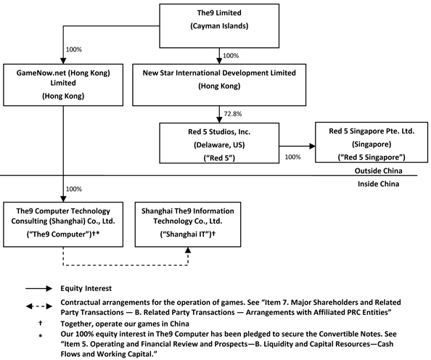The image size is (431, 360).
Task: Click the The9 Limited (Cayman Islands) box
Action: point(219,26)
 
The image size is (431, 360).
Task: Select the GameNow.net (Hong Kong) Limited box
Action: point(63,85)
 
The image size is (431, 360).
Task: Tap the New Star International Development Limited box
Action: point(219,85)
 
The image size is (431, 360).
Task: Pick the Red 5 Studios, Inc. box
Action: point(219,143)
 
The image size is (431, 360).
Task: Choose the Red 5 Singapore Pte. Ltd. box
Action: point(372,142)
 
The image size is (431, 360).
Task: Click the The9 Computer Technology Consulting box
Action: point(63,224)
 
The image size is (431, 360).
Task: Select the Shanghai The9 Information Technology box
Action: point(188,224)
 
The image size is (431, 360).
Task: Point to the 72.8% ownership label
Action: point(233,114)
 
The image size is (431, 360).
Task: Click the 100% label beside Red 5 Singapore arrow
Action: point(292,157)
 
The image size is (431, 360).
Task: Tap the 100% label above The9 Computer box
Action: point(74,189)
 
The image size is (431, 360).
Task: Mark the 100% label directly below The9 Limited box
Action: point(231,56)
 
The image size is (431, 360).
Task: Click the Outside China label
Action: point(379,171)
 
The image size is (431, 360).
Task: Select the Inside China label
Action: point(379,184)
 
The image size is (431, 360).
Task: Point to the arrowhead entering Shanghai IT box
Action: point(188,250)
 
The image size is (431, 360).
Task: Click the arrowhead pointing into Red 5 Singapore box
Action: point(312,146)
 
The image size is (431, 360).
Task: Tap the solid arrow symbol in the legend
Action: point(38,288)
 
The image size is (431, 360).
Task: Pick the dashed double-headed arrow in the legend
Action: point(38,306)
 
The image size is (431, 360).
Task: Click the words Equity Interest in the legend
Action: point(86,288)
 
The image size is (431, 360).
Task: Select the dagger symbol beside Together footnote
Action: point(41,323)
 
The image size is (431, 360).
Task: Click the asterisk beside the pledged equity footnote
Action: point(41,336)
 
